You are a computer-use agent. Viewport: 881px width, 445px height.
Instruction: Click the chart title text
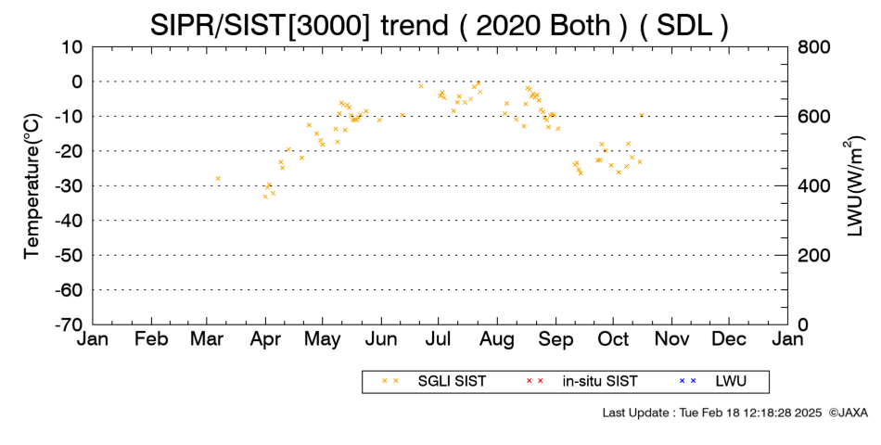pos(439,26)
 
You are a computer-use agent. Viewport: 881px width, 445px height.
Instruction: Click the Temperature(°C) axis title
pos(32,186)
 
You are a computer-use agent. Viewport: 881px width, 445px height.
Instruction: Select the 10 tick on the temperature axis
pos(71,47)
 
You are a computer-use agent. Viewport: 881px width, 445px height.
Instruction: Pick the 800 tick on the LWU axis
pos(813,47)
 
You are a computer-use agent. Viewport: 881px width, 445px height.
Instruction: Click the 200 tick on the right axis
pos(813,255)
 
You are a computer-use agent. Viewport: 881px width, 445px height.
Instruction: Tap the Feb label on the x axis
pos(151,339)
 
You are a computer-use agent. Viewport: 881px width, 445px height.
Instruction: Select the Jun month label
pos(381,339)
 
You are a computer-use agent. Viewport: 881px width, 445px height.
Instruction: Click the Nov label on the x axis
pos(671,339)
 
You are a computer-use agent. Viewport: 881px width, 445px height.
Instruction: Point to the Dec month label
pos(729,339)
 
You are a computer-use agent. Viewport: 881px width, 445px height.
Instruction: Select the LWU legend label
pos(731,382)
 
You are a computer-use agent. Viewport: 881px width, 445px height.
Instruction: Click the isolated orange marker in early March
pos(218,178)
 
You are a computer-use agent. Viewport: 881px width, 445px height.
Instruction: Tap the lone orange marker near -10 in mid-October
pos(641,115)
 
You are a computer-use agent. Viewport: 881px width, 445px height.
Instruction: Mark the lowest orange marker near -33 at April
pos(265,197)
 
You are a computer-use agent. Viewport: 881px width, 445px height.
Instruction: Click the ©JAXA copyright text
pos(848,413)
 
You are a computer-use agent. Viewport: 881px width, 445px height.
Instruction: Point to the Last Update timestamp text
pos(712,413)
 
